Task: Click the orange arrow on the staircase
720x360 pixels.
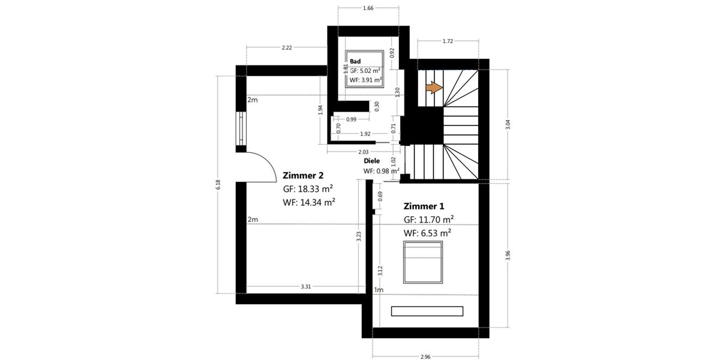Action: (434, 88)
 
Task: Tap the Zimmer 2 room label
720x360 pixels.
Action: (303, 176)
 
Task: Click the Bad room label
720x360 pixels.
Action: (355, 61)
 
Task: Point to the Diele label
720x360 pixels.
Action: (372, 161)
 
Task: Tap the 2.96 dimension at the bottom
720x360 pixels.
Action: (425, 356)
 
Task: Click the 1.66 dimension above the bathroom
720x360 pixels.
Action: (368, 8)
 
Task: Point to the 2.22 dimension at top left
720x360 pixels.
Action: (286, 48)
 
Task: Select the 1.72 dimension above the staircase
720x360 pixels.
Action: (447, 41)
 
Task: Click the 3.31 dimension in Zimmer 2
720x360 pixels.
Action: (305, 287)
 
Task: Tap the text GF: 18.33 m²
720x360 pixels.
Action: (308, 189)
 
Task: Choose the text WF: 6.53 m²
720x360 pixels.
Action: (427, 232)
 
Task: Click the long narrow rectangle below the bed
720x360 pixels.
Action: (427, 311)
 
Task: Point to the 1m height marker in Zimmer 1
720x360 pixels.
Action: (378, 290)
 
